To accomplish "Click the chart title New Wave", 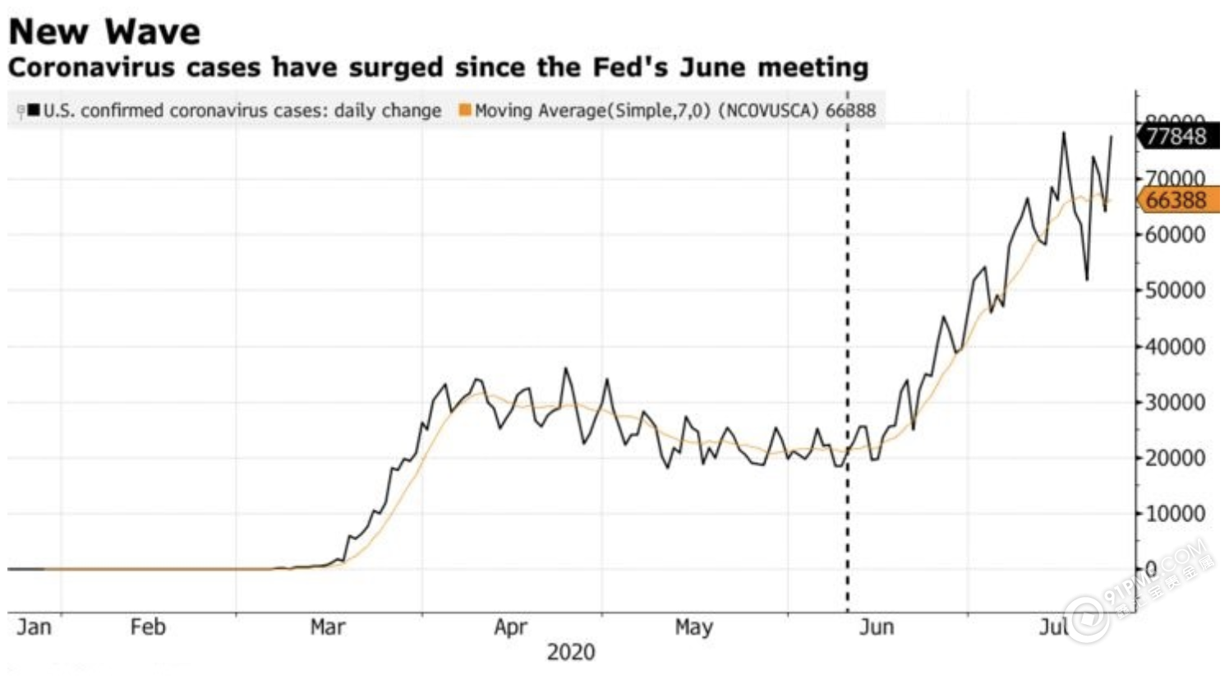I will click(104, 32).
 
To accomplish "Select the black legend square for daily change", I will click(34, 110).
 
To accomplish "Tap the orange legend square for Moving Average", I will click(465, 110).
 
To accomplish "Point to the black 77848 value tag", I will click(1176, 136).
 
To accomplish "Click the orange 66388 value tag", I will click(1176, 200).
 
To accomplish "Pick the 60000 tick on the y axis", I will click(1176, 235).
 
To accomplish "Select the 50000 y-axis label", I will click(1176, 291).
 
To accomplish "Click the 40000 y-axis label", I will click(1176, 347).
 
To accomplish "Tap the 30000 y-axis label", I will click(1176, 403).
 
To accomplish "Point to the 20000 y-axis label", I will click(1176, 458).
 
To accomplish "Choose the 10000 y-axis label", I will click(1176, 514).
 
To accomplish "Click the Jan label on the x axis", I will click(34, 627).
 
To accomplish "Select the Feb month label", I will click(148, 627).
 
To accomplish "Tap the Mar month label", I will click(327, 627).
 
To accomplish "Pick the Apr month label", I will click(510, 627).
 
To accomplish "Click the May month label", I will click(693, 627).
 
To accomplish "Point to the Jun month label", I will click(876, 627).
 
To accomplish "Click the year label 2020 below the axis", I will click(571, 653).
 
